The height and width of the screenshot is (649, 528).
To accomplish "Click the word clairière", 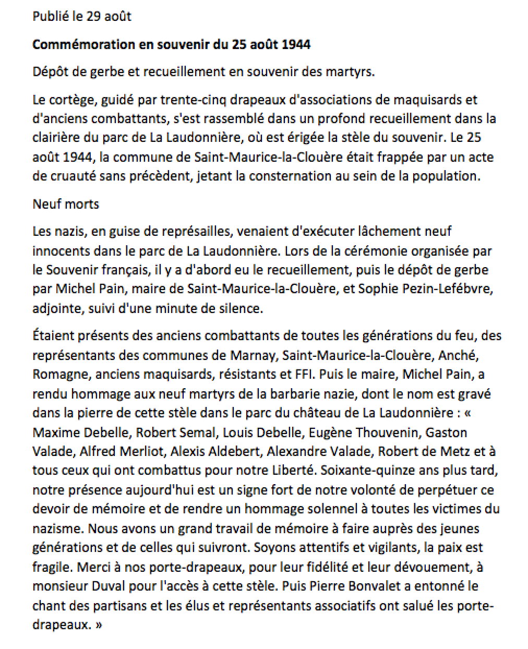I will [x=54, y=138].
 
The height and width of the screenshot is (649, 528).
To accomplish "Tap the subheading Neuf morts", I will [x=66, y=203].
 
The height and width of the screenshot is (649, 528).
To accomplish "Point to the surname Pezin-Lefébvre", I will [x=448, y=289].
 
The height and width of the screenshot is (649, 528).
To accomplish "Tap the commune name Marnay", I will [x=253, y=355].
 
